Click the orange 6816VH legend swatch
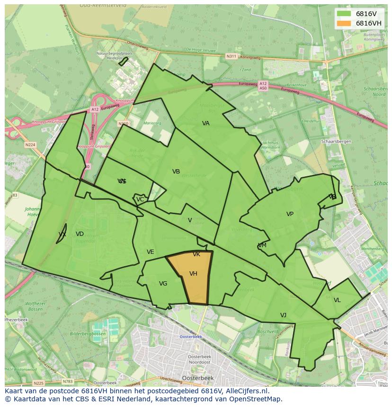(x=344, y=23)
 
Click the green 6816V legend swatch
(x=344, y=14)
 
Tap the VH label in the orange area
(x=193, y=274)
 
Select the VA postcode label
(x=206, y=123)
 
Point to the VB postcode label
(x=176, y=172)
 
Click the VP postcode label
(x=290, y=214)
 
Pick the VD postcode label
(x=80, y=234)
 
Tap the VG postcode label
(x=163, y=284)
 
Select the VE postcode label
(x=150, y=252)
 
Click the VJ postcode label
(x=283, y=315)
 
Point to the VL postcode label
(x=337, y=300)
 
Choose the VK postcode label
(x=196, y=254)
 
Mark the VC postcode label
(x=140, y=199)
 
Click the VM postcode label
(x=262, y=245)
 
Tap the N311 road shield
(x=231, y=56)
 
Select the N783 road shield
(x=68, y=381)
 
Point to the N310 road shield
(x=124, y=123)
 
